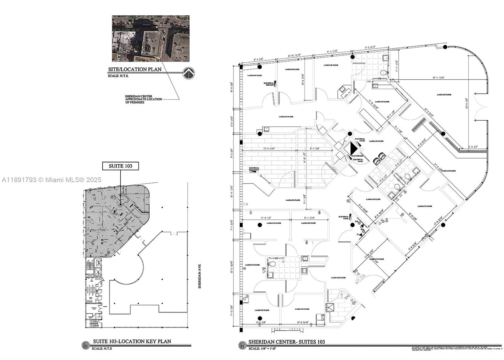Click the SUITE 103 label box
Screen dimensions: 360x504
click(120, 166)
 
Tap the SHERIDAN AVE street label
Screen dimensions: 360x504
click(199, 276)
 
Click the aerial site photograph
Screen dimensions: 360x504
click(151, 38)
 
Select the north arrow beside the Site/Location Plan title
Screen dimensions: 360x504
click(189, 73)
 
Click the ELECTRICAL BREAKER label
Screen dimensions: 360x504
click(269, 84)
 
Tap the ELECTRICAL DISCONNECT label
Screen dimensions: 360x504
click(254, 169)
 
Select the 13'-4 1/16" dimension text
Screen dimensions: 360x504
click(268, 148)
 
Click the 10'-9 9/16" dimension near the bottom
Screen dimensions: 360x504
click(302, 323)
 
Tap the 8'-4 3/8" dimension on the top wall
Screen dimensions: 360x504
click(260, 59)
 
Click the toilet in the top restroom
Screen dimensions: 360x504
click(383, 73)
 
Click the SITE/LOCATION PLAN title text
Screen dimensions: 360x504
click(135, 69)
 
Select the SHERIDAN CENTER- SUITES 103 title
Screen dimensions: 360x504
click(287, 342)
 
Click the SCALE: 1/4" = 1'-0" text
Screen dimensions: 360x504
click(262, 349)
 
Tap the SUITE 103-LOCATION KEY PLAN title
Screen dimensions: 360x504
click(132, 341)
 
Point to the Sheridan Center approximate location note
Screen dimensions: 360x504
click(143, 99)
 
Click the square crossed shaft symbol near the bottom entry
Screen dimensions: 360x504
click(330, 307)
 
